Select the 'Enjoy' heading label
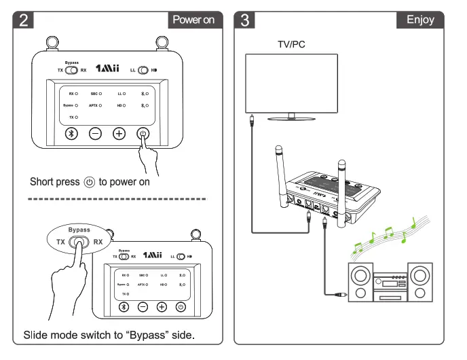pos(419,20)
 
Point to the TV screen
pos(293,82)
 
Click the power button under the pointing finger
pos(143,133)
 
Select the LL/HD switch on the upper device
pos(144,70)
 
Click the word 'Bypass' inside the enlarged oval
pos(79,230)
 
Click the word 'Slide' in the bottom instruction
pos(35,336)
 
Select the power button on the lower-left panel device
pos(180,306)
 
